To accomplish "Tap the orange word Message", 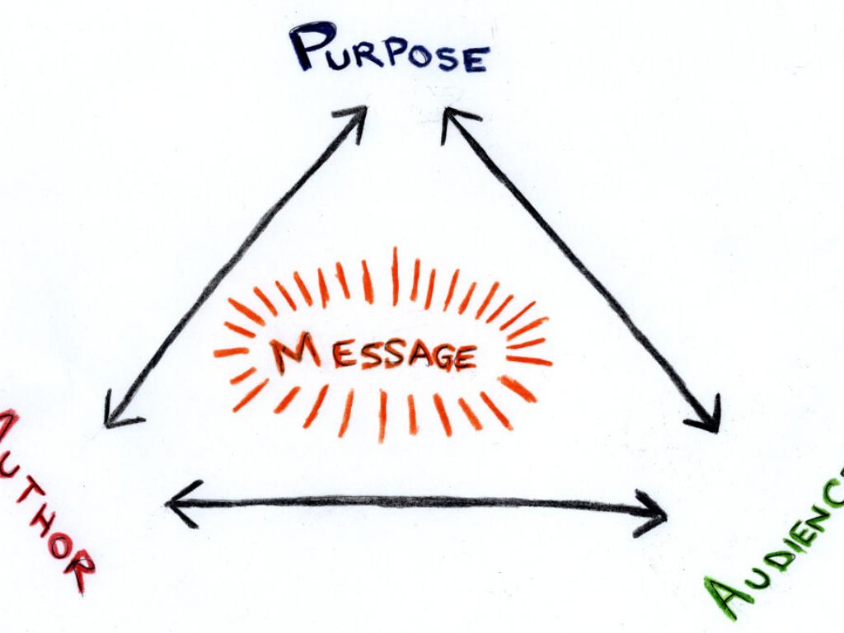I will tap(374, 355).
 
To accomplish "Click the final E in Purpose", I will tap(476, 59).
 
